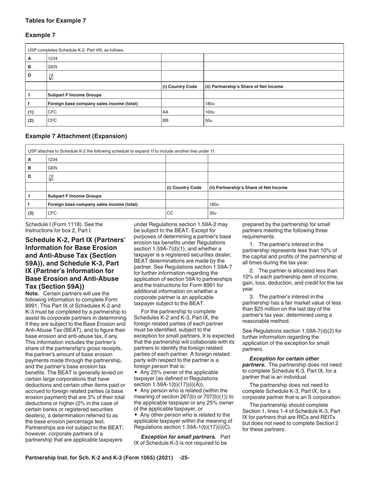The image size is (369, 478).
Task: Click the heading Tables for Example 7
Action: pos(56,21)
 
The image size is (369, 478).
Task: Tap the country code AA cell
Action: pos(165,112)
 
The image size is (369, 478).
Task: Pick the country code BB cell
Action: pos(165,120)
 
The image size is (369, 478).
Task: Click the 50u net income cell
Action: pos(208,120)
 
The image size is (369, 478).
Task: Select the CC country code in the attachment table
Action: pos(170,213)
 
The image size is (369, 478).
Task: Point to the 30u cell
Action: pos(213,213)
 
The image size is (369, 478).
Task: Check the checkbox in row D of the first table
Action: pos(51,77)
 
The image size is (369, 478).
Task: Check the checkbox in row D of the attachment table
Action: pos(51,178)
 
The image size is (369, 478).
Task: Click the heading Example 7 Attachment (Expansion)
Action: pos(76,136)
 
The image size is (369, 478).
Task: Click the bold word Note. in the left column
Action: pos(33,293)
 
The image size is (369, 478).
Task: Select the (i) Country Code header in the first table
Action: pos(179,86)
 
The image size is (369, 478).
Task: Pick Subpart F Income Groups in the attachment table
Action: pos(74,196)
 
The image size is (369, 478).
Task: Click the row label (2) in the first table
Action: pos(30,120)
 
